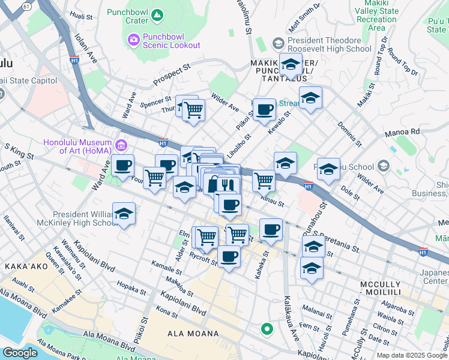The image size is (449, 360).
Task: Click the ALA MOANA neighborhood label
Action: click(187, 334)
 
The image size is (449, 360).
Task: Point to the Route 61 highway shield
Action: click(26, 5)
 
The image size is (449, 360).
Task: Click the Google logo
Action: click(20, 353)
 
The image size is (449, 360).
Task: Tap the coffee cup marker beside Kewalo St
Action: click(264, 110)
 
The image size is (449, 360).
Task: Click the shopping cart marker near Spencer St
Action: click(193, 110)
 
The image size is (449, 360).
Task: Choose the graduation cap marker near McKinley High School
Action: click(124, 214)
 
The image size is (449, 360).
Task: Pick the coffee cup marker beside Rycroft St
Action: click(228, 257)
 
